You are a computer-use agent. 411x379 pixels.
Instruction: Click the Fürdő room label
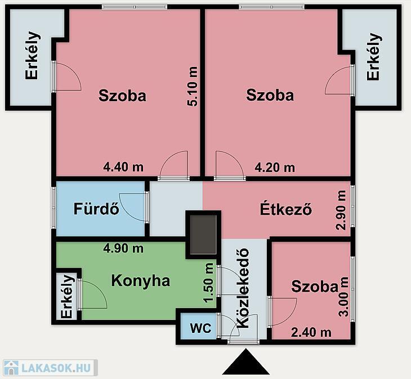96,209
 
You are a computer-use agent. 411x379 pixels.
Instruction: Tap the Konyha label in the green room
141,281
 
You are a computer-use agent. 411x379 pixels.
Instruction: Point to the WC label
201,328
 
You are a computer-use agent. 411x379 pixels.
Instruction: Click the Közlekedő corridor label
243,288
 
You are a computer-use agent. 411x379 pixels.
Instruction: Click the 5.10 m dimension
193,87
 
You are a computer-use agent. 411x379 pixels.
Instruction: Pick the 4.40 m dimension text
123,167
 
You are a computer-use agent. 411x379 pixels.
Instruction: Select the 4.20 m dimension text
275,167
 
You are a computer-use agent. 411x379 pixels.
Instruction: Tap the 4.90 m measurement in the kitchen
123,248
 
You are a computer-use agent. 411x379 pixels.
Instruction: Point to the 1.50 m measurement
209,283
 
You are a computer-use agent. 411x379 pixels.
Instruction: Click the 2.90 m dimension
341,210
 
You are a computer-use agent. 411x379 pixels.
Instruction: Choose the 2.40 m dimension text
311,332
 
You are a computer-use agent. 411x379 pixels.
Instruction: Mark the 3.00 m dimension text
343,297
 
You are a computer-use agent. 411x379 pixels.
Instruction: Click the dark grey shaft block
203,234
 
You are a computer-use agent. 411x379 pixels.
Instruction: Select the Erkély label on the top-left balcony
33,56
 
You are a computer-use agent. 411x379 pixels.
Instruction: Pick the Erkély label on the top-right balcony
373,57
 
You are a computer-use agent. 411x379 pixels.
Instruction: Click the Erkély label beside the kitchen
66,296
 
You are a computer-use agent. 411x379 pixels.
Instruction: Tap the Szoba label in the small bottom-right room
315,286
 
